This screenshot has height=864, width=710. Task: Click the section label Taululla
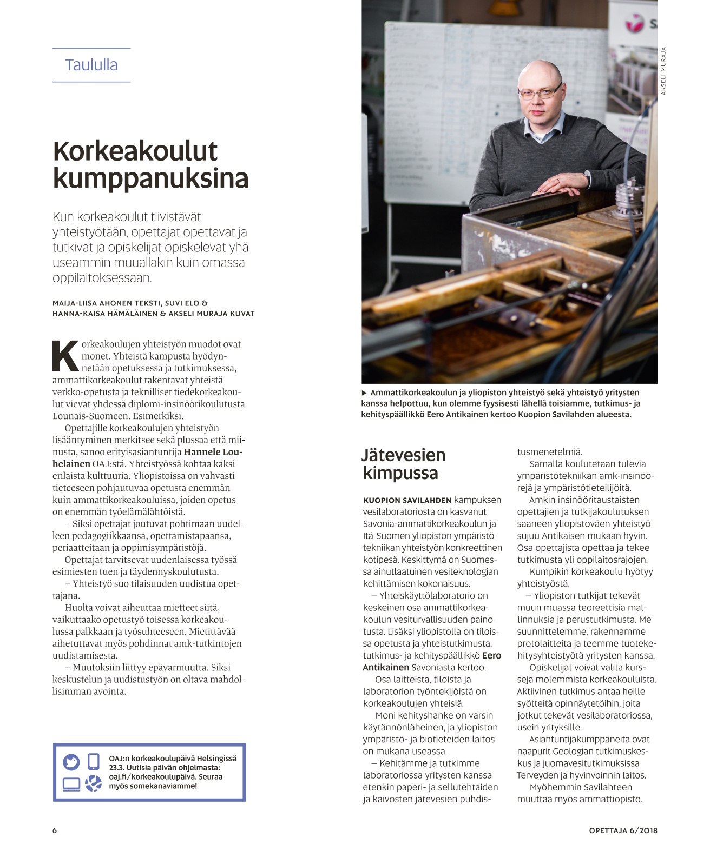point(91,65)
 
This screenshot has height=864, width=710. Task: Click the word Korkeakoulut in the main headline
point(135,151)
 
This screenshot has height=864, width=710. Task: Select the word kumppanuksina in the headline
point(150,178)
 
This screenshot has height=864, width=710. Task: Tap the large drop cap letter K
point(65,356)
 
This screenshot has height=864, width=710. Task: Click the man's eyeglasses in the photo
point(539,93)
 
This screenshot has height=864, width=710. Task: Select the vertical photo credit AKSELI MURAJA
point(663,71)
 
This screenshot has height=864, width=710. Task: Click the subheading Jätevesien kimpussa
point(403,464)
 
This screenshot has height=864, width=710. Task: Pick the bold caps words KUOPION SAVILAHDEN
point(407,501)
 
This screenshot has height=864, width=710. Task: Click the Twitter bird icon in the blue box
point(71,762)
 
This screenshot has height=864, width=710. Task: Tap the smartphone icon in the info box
point(93,761)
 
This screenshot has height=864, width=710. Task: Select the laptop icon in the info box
point(71,784)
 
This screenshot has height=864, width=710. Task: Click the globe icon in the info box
point(93,783)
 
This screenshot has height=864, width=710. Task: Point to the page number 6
point(55,830)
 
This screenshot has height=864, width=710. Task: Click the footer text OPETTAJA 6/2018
point(623,830)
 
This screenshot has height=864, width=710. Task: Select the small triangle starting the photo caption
point(364,393)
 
